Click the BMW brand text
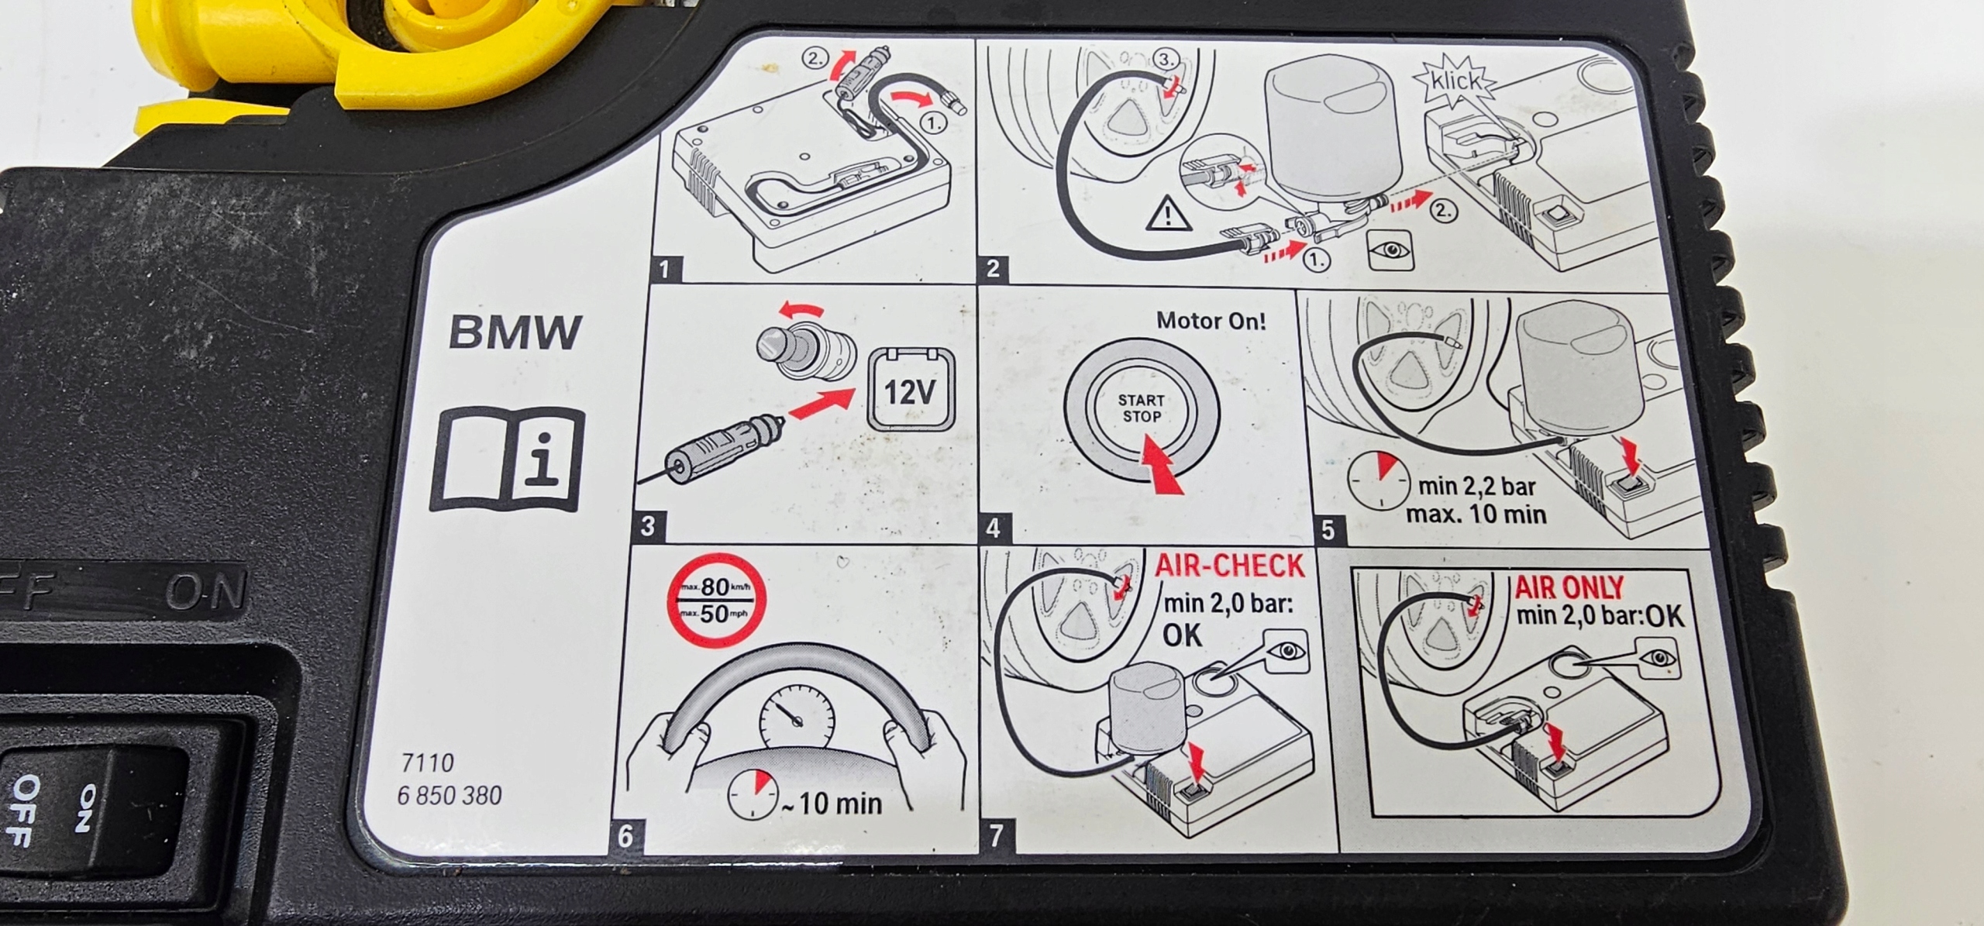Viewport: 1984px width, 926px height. pos(515,332)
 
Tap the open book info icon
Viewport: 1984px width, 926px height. pos(507,460)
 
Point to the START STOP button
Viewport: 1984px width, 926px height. pos(1141,408)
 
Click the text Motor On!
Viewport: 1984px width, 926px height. pos(1211,320)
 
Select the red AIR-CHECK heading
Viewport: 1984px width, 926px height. pos(1229,566)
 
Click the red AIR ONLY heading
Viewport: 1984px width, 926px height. pos(1569,587)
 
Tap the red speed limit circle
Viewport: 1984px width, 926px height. pos(716,601)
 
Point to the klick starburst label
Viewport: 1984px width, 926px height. pos(1455,81)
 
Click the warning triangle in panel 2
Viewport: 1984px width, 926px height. pos(1168,215)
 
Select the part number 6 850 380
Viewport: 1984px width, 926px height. pos(449,795)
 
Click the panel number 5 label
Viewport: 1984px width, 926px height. pos(1328,530)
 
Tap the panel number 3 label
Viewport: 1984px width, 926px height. pos(648,527)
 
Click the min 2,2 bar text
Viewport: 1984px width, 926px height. pos(1476,487)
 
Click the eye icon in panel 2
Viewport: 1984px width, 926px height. pos(1391,250)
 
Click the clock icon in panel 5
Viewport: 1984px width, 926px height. pos(1379,480)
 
